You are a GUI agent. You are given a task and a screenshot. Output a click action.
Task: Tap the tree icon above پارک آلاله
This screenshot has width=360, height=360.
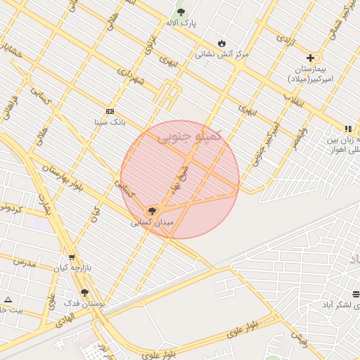click(181, 12)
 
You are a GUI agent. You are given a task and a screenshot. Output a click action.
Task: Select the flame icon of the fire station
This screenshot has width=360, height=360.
click(222, 42)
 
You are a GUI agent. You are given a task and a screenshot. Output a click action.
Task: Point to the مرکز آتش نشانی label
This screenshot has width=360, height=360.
click(221, 53)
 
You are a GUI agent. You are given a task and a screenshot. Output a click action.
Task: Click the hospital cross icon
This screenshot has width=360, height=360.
click(310, 57)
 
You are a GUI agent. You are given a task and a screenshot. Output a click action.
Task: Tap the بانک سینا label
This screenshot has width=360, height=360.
click(110, 122)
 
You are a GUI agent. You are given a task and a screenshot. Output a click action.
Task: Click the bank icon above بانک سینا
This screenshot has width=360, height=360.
click(110, 111)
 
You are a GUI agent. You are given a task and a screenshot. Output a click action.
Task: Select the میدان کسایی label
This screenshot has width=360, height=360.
click(150, 222)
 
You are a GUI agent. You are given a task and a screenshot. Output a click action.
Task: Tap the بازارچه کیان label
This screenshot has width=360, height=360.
click(70, 268)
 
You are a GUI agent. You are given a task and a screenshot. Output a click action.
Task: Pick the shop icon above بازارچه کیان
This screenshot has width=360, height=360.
click(71, 257)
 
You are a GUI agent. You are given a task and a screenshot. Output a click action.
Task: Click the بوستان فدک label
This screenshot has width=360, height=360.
click(84, 303)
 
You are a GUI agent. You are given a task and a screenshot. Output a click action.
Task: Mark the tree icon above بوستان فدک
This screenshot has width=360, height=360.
click(84, 292)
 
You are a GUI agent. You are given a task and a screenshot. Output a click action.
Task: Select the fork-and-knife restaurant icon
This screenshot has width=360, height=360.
click(347, 129)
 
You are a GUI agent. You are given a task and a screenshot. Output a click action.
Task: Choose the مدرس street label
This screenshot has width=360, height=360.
click(22, 262)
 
